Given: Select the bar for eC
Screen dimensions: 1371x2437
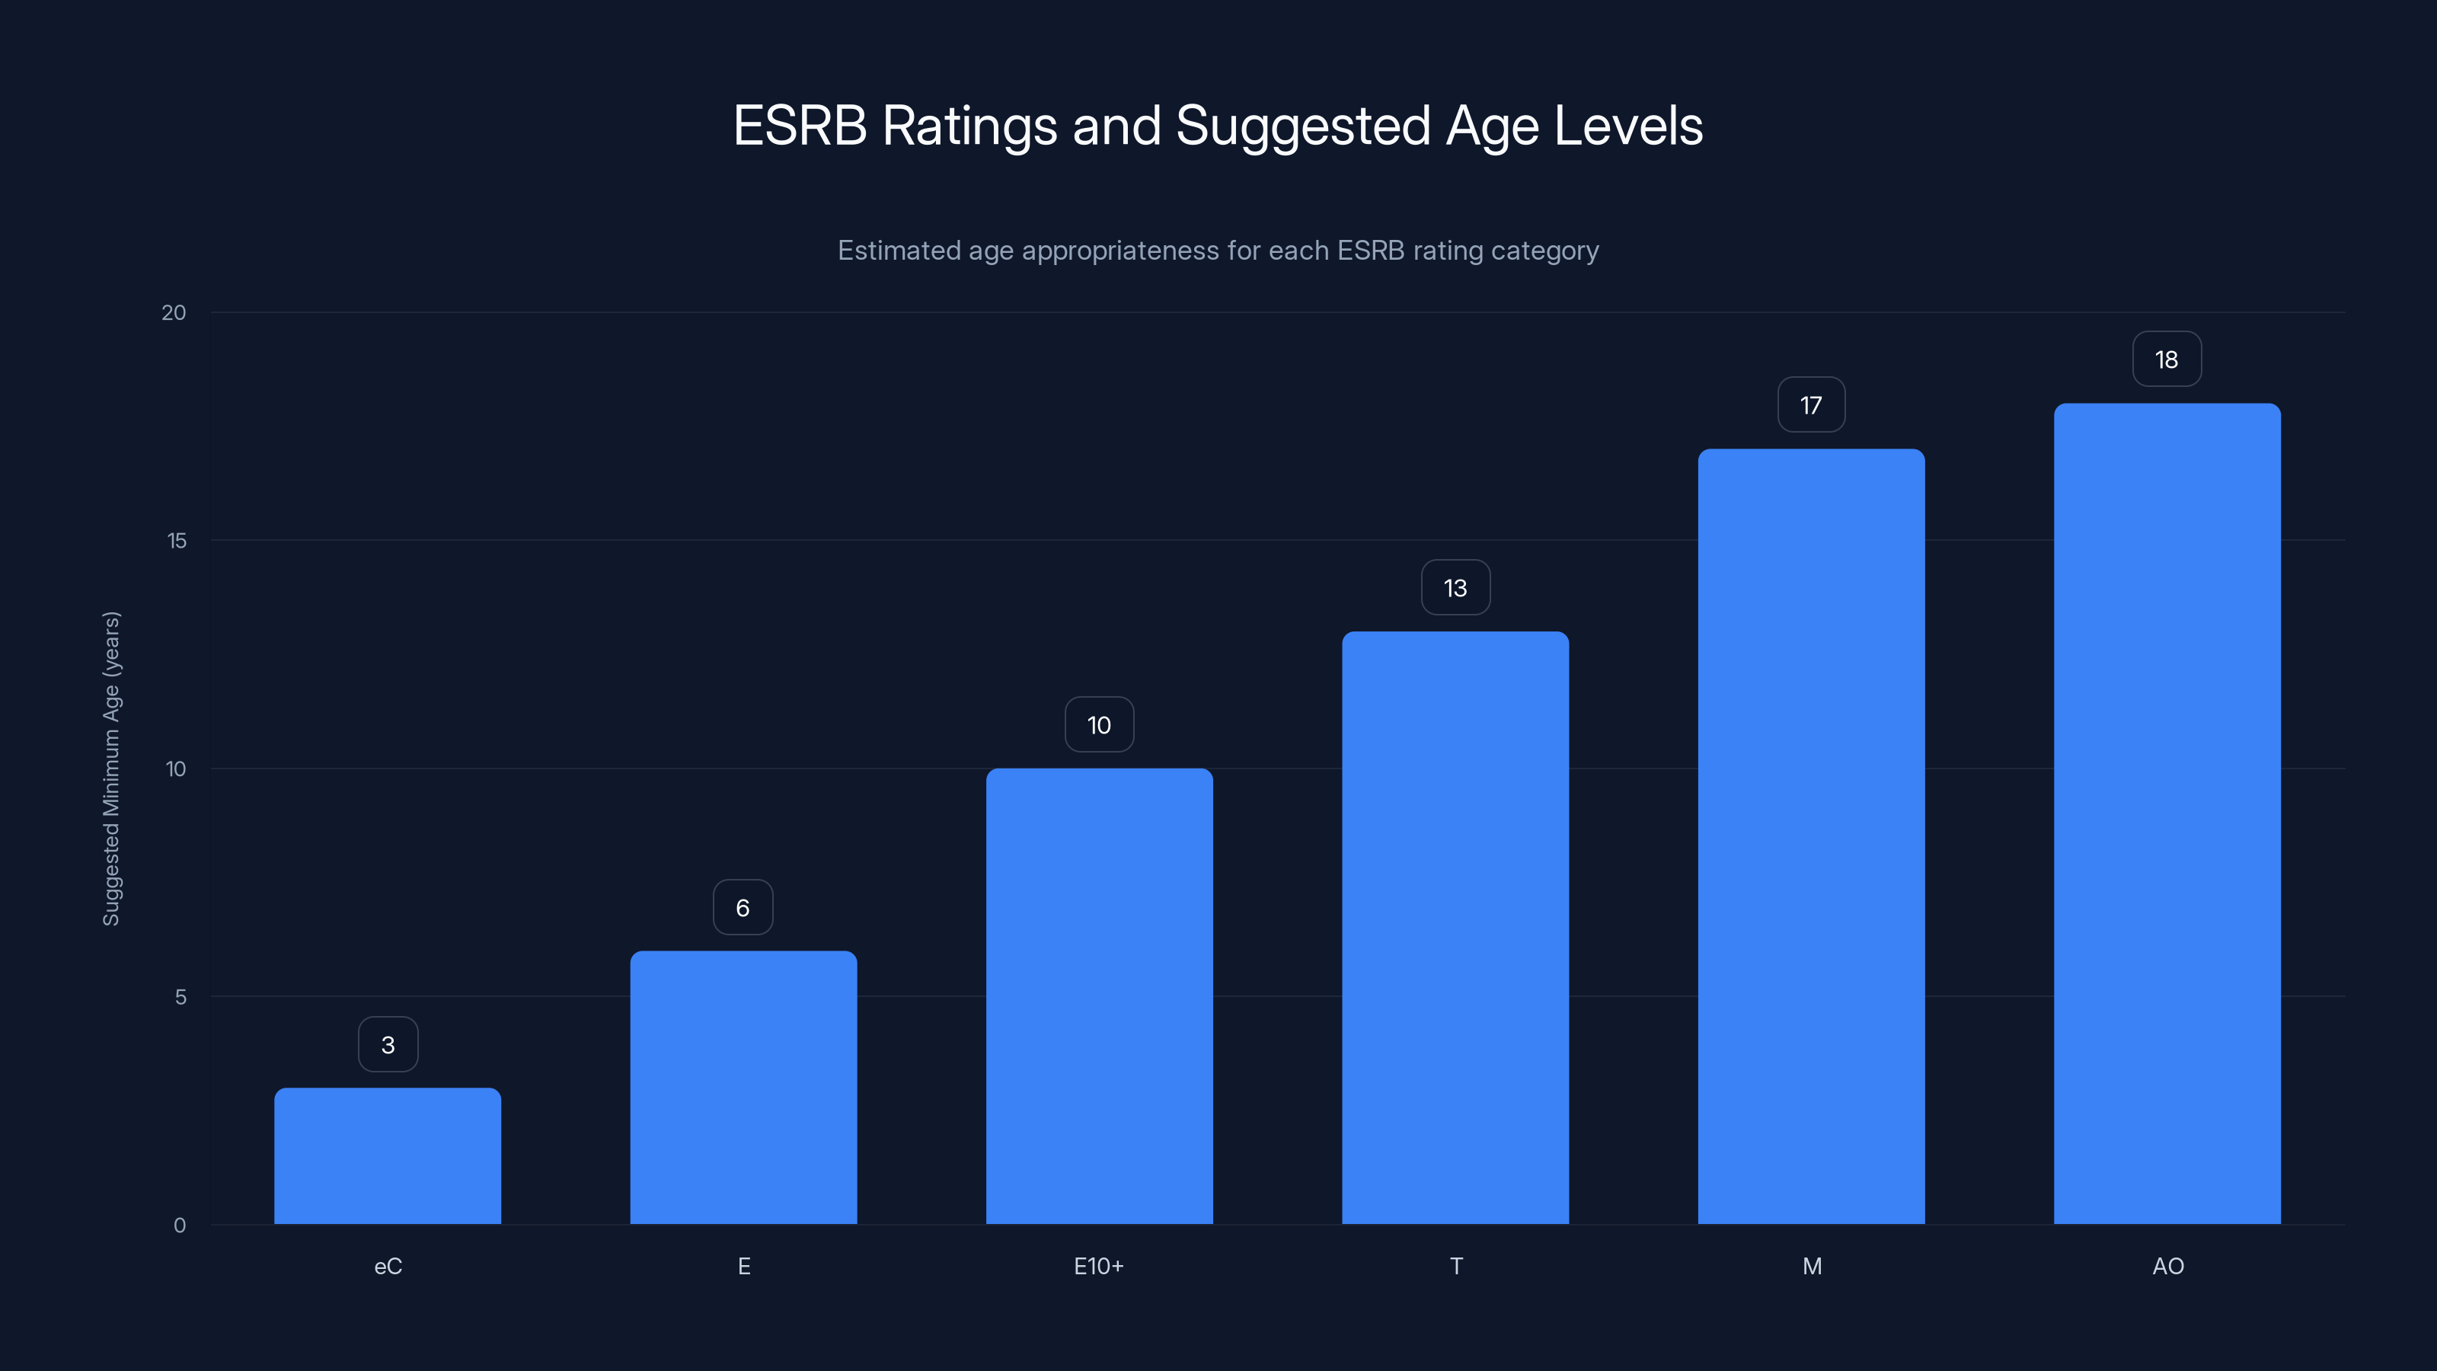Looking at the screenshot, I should coord(388,1155).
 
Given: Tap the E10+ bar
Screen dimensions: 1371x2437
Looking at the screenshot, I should coord(1099,995).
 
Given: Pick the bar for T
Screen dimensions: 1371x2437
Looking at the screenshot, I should coord(1455,927).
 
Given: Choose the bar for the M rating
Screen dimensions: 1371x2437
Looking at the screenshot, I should coord(1811,836).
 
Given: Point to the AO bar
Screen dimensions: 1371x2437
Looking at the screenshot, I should coord(2167,813).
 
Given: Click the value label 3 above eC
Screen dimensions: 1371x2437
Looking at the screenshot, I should coord(388,1044).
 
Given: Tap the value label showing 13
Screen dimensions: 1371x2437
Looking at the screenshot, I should coord(1455,587).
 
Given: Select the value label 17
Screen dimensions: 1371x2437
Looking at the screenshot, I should coord(1811,405).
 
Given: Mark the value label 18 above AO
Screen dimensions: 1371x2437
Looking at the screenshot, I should coord(2167,360).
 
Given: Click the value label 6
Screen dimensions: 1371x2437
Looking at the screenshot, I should coord(743,907).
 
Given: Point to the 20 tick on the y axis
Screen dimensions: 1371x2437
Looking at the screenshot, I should coord(174,312).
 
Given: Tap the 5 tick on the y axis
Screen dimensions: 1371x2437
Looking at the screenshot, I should coord(180,996).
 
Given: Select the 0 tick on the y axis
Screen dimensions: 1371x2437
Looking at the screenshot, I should coord(180,1226).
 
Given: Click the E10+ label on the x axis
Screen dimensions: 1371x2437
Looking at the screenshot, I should coord(1098,1266).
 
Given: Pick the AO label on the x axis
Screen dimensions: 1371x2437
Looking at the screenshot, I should coord(2167,1266).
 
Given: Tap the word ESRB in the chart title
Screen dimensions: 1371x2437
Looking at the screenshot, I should coord(800,126).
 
